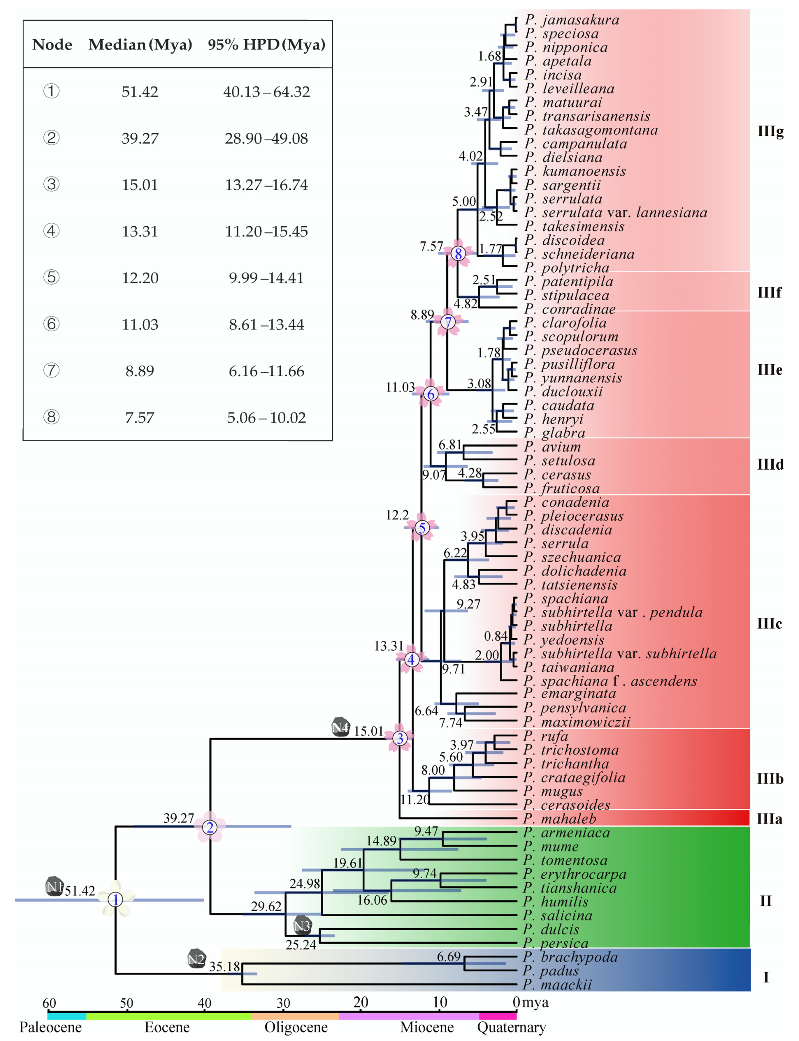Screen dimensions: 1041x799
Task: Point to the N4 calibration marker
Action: point(341,727)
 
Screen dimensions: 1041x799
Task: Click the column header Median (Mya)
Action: point(140,45)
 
